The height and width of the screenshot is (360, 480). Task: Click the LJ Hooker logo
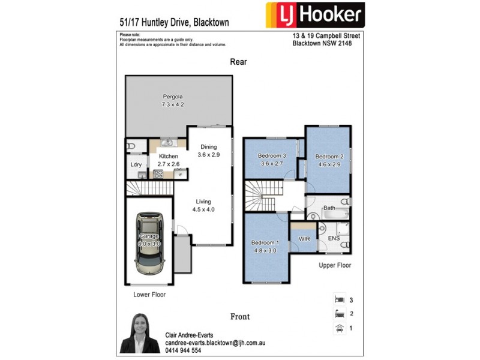[x=314, y=16]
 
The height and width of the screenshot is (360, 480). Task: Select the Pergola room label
[x=172, y=100]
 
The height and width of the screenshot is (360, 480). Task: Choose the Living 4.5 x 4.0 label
[x=203, y=206]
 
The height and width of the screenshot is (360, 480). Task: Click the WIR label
[x=303, y=239]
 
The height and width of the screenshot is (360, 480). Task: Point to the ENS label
[x=334, y=239]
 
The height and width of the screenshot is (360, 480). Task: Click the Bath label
[x=329, y=208]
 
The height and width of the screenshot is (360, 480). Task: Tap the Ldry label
[x=136, y=164]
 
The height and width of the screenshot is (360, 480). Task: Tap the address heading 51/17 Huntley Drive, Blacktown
[x=174, y=23]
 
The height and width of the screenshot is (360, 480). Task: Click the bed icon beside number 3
[x=339, y=298]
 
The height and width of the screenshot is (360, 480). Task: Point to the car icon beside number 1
[x=339, y=328]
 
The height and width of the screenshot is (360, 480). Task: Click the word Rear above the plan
[x=238, y=62]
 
